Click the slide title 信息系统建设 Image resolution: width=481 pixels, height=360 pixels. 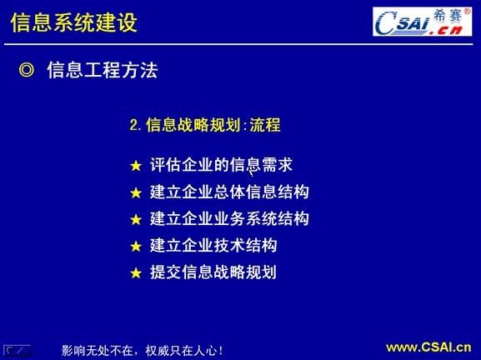(x=74, y=22)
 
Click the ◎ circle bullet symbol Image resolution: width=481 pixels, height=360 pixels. (x=26, y=71)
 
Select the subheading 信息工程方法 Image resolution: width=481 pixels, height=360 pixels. (x=102, y=71)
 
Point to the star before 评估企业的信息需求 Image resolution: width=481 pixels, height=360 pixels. (x=137, y=166)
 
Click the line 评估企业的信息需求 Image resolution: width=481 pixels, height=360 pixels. (x=221, y=165)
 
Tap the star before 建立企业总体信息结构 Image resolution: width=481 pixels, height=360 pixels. (x=137, y=192)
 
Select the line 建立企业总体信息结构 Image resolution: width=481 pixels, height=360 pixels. (x=229, y=192)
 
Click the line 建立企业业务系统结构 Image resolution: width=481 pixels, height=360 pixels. (x=229, y=219)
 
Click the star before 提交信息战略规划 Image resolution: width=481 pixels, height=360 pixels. (x=137, y=272)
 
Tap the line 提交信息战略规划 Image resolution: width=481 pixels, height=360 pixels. (x=213, y=272)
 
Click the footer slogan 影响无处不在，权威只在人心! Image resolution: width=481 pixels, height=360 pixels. (x=142, y=350)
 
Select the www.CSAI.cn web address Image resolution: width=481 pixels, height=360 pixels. (x=428, y=347)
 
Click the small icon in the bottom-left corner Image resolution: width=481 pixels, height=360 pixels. (x=17, y=350)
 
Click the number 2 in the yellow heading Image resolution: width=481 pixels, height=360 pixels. (x=133, y=127)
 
